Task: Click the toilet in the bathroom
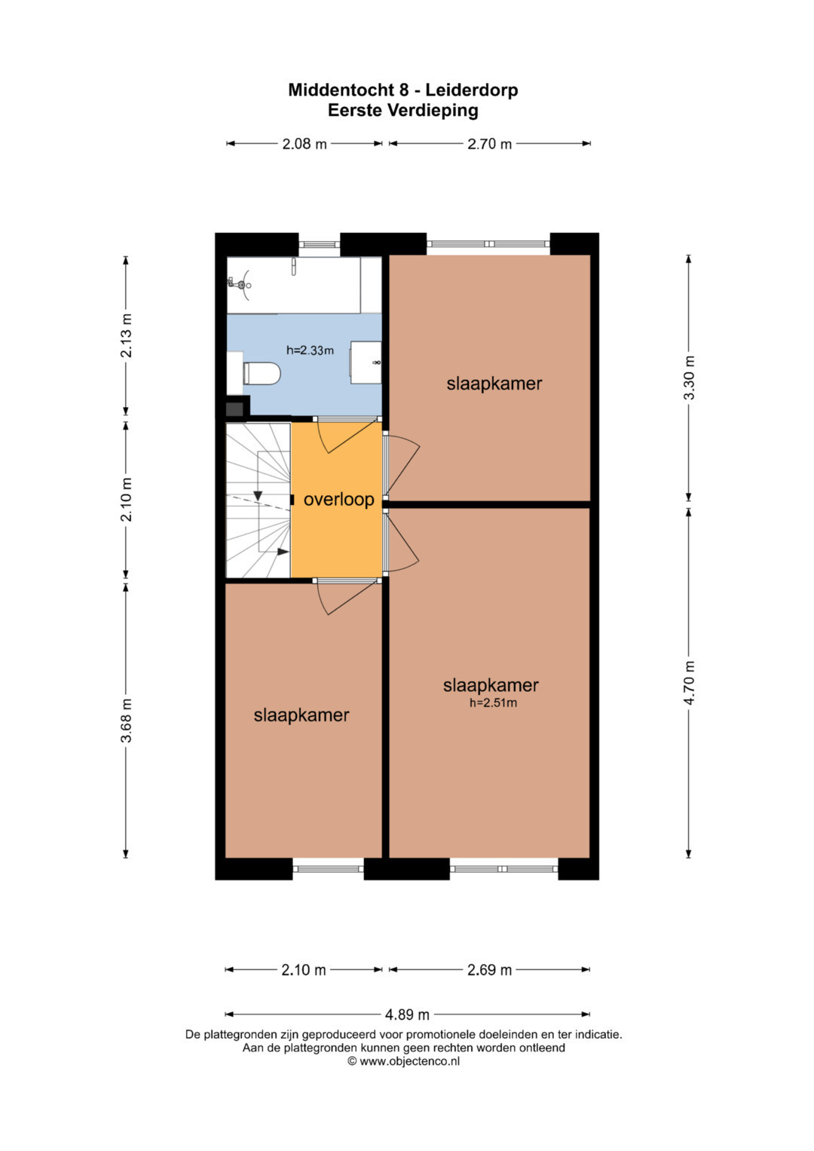coord(262,373)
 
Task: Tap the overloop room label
coord(338,499)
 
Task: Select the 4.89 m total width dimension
coord(407,1015)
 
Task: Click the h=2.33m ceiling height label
coord(310,351)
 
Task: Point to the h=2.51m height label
coord(493,703)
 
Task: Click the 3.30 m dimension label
coord(689,378)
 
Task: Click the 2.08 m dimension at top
coord(304,144)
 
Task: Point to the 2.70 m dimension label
coord(489,144)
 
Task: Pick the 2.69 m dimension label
coord(489,969)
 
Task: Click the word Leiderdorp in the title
coord(471,90)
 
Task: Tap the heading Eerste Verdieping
coord(403,111)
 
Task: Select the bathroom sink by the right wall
coord(366,363)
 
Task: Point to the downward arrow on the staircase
coord(258,495)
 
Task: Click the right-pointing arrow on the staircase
coord(283,552)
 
